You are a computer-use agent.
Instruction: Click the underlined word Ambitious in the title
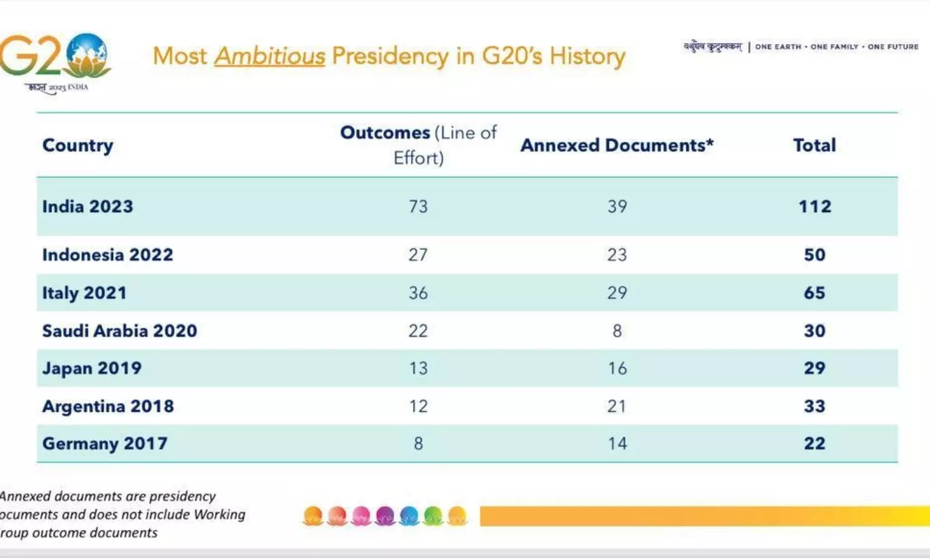[270, 56]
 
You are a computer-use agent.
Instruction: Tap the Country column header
[77, 146]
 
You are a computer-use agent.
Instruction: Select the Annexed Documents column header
[617, 145]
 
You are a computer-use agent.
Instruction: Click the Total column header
[815, 145]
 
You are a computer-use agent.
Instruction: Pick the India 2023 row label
[87, 206]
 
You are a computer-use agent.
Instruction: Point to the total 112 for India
[815, 206]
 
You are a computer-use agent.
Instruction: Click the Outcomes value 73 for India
[418, 206]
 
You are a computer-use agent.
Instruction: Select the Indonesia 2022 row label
[107, 255]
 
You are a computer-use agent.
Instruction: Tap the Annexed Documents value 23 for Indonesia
[617, 255]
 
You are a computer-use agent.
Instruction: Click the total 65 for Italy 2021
[815, 293]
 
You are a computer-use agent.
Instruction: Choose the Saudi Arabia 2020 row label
[119, 330]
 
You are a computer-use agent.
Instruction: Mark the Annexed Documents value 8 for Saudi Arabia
[617, 330]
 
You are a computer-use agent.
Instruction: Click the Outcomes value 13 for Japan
[418, 368]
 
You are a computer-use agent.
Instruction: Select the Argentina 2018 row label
[108, 406]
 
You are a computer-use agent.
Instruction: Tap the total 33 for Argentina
[815, 406]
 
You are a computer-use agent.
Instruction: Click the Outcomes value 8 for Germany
[418, 443]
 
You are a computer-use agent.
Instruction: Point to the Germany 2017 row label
[105, 443]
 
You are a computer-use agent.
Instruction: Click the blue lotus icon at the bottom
[409, 516]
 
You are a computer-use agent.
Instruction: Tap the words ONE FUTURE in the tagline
[893, 46]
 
